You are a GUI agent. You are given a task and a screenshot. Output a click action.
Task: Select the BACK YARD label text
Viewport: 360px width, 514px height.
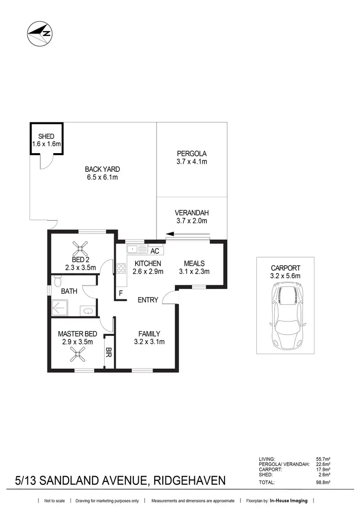pyautogui.click(x=102, y=169)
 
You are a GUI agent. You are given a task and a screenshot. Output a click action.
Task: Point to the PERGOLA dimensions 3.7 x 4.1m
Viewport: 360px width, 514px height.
pyautogui.click(x=192, y=162)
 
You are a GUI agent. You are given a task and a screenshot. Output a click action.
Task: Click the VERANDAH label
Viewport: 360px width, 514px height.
pyautogui.click(x=192, y=213)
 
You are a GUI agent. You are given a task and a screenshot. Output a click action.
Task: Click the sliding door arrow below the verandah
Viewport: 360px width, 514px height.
pyautogui.click(x=179, y=235)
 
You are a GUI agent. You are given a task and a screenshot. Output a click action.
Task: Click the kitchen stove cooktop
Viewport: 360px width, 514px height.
pyautogui.click(x=120, y=269)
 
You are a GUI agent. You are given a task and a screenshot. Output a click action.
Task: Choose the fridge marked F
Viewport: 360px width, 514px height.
pyautogui.click(x=120, y=292)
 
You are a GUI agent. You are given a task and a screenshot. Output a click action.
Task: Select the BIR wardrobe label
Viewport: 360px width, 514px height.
pyautogui.click(x=109, y=353)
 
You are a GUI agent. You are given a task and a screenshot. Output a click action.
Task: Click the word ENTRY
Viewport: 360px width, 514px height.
pyautogui.click(x=148, y=300)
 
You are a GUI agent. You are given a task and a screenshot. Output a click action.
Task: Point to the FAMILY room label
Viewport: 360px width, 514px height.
pyautogui.click(x=149, y=334)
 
